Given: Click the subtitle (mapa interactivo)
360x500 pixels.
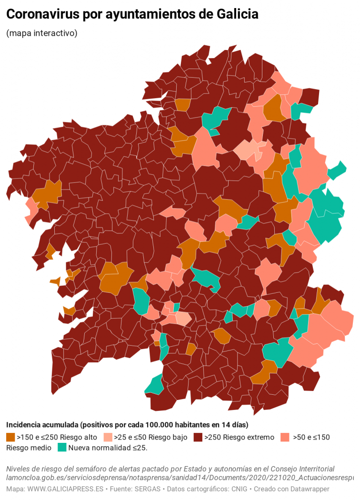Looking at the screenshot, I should click(x=42, y=33).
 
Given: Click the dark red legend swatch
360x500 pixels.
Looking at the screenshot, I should click(x=198, y=437).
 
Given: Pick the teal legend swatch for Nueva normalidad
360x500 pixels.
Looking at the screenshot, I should click(x=62, y=448).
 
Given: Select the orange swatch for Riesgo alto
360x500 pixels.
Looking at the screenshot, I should click(x=10, y=437).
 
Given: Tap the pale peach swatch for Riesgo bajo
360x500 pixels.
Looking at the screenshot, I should click(x=108, y=437).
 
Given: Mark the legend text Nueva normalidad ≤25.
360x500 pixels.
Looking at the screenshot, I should click(x=108, y=448).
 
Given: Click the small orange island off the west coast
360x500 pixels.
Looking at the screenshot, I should click(x=55, y=281).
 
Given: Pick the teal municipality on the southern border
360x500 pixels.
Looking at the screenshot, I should click(x=155, y=385).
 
